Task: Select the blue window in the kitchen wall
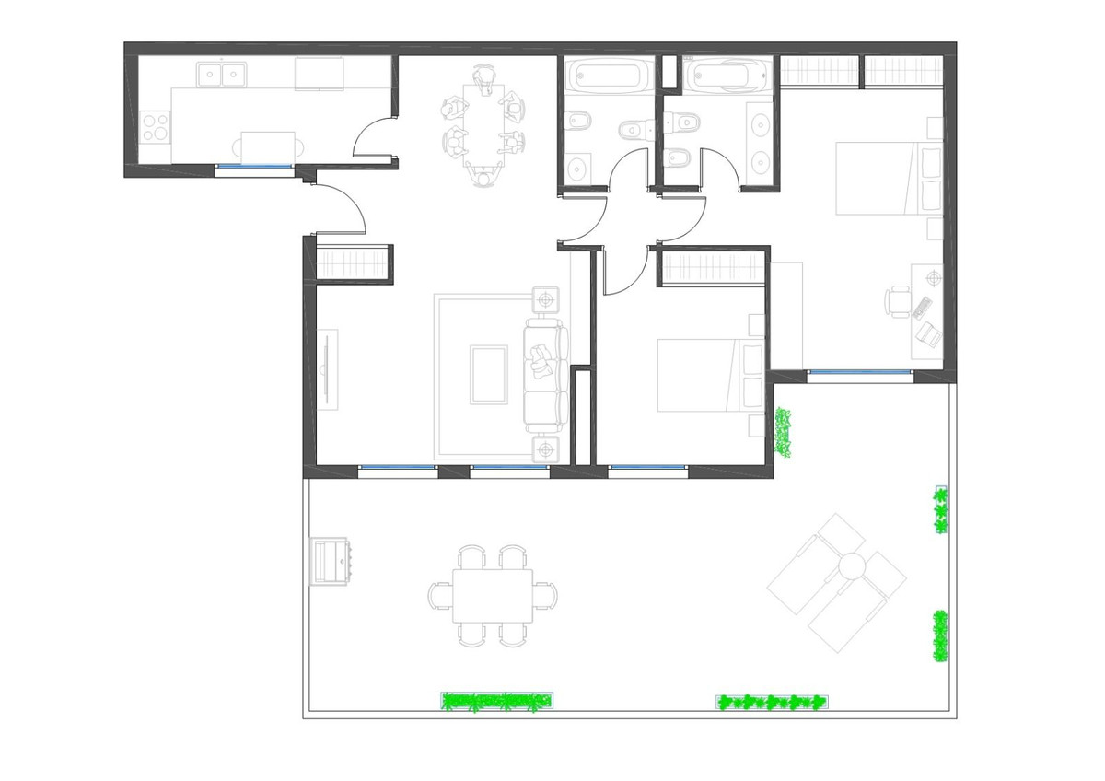coord(254,167)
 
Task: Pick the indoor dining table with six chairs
coord(483,124)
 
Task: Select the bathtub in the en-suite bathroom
coord(727,74)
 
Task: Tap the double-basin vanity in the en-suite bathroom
coord(761,141)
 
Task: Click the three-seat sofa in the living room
coord(544,372)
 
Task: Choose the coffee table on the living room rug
coord(488,374)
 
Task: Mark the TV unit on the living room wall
coord(328,369)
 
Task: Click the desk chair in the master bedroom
coord(898,300)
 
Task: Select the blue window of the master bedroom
coord(860,373)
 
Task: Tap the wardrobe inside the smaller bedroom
coord(712,268)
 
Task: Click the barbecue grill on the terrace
coord(330,560)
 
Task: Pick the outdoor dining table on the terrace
coord(492,595)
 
